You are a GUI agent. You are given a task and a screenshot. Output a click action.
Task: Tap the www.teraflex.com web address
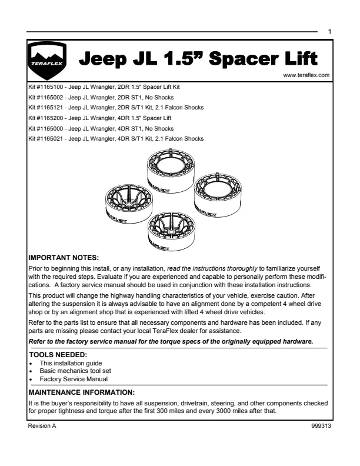click(306, 75)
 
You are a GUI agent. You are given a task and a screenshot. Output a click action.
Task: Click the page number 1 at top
click(330, 31)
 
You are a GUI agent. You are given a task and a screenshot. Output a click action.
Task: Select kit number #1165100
click(46, 86)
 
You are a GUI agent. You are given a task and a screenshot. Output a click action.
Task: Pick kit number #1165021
click(46, 139)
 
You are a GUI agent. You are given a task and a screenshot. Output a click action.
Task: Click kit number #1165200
click(46, 118)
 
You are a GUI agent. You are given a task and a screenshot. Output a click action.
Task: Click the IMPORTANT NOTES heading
click(64, 257)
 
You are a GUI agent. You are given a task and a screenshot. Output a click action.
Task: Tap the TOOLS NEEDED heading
click(58, 355)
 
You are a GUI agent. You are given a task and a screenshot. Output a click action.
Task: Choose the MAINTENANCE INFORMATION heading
click(82, 391)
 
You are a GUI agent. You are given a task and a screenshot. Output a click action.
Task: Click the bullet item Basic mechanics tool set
click(75, 371)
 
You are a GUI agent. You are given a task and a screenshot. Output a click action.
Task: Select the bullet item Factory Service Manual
click(74, 379)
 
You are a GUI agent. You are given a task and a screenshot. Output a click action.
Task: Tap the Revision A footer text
click(42, 425)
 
